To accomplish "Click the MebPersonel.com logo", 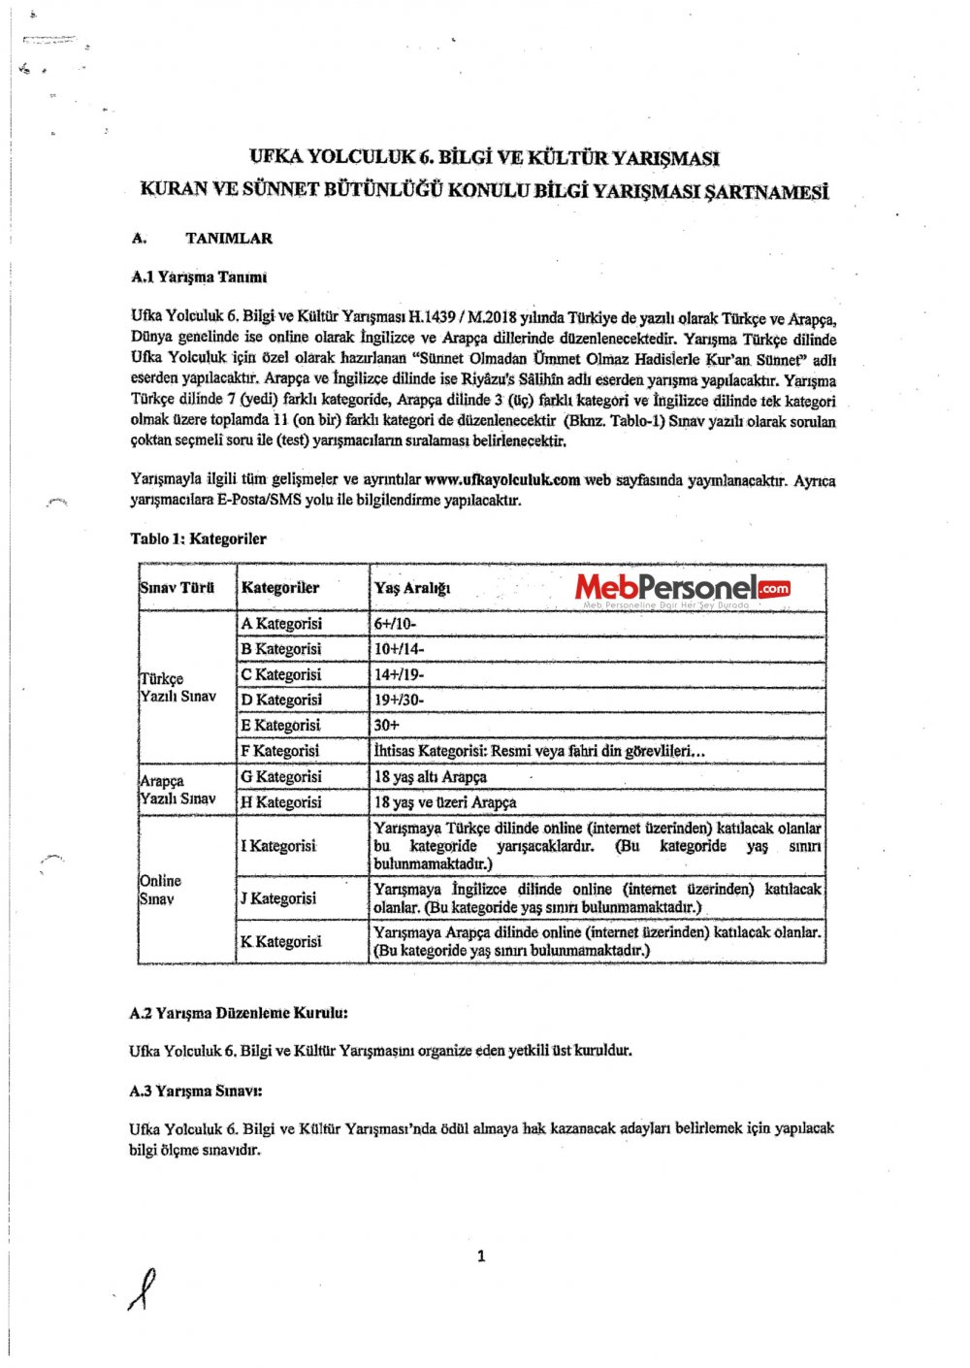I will [683, 588].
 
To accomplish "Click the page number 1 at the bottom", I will [481, 1257].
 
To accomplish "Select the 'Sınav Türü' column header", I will [177, 588].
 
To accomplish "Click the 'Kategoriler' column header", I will [280, 588].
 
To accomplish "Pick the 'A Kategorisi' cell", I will [281, 624].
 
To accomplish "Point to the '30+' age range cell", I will [387, 726].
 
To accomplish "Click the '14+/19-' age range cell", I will [399, 675].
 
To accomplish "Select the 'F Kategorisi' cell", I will [279, 751].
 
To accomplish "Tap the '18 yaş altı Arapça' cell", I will [431, 777].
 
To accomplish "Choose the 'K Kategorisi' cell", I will [280, 941].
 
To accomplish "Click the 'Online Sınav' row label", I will [160, 890].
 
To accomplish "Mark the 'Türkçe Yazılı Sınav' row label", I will [178, 687].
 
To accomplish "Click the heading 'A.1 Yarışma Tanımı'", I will [199, 277].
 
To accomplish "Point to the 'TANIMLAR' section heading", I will [229, 239].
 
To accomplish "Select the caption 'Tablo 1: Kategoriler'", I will [198, 539].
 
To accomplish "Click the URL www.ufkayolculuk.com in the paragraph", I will [502, 480].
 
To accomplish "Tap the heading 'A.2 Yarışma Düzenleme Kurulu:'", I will [239, 1013].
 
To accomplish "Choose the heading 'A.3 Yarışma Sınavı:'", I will [196, 1091].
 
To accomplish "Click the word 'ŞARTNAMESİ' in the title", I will [767, 191].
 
